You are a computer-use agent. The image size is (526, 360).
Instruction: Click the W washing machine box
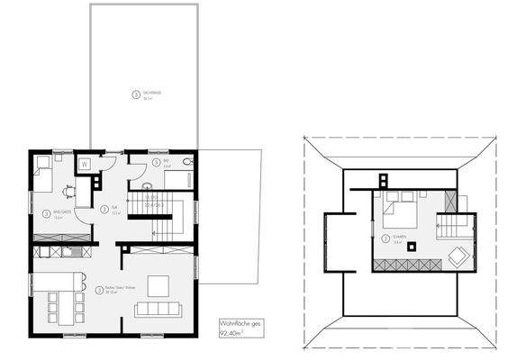click(84, 165)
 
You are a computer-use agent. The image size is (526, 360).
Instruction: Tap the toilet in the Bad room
click(186, 161)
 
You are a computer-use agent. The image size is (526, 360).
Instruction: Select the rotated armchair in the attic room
click(458, 257)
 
